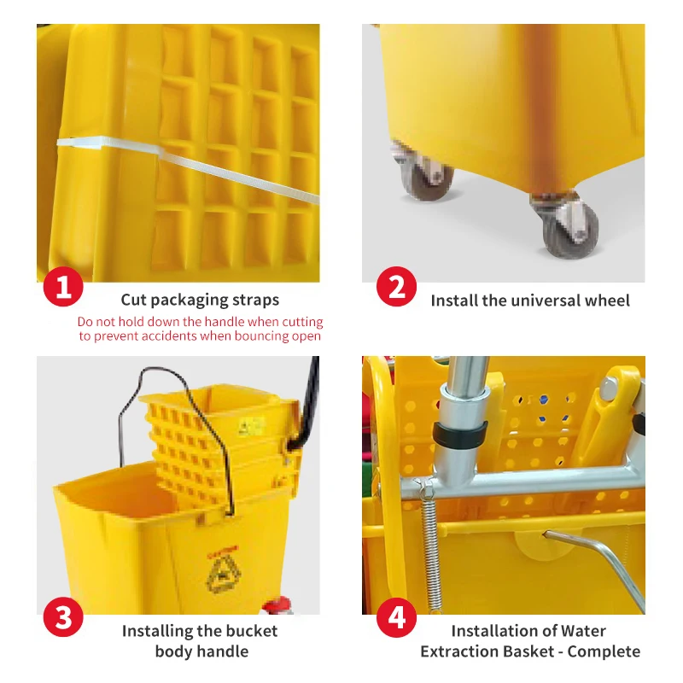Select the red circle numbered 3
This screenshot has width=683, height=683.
tap(63, 617)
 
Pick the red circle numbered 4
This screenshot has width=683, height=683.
tap(396, 617)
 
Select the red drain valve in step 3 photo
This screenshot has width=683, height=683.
tap(275, 608)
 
